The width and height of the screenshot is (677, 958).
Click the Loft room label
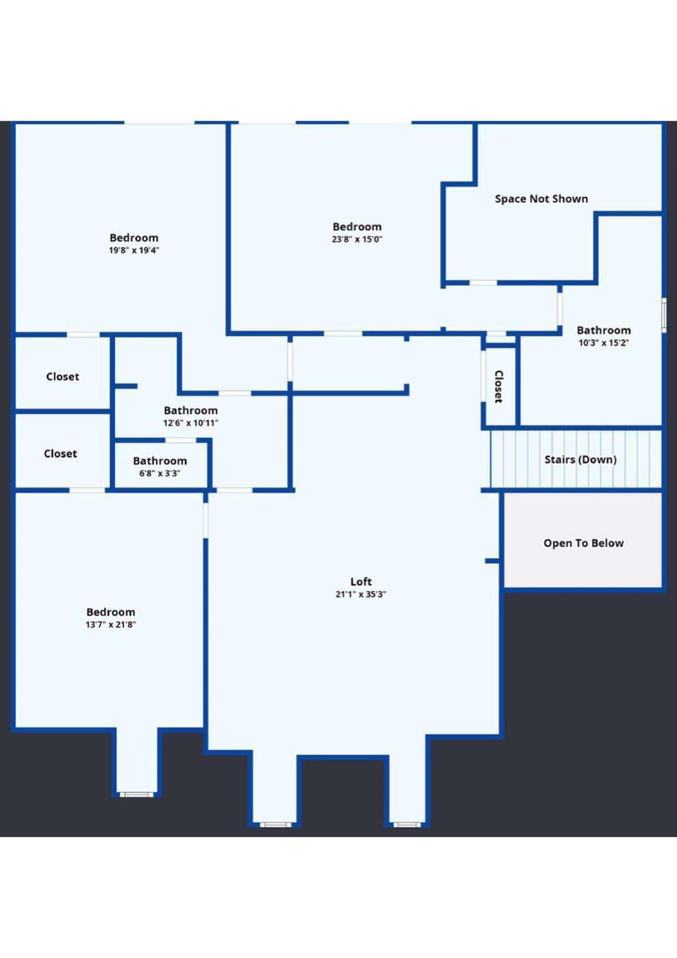(x=361, y=581)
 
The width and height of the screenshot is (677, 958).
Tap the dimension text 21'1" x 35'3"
(x=361, y=594)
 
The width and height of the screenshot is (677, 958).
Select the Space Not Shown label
(x=541, y=199)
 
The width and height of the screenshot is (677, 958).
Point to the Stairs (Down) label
(x=580, y=460)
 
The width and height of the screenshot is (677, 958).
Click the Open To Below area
(x=583, y=543)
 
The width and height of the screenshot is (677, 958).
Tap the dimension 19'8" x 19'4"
(x=134, y=251)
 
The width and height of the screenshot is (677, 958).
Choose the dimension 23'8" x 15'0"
(x=357, y=239)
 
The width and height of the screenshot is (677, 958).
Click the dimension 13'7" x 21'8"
(x=110, y=625)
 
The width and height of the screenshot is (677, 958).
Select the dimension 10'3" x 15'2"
(x=603, y=343)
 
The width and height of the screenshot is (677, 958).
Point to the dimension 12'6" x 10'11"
(x=191, y=423)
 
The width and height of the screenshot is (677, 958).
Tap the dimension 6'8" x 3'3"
(x=160, y=473)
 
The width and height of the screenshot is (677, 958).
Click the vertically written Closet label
(x=499, y=387)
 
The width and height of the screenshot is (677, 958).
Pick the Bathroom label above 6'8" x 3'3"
(x=160, y=461)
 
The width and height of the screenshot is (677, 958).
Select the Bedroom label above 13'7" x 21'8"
(x=110, y=612)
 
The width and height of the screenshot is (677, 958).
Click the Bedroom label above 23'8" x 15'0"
(x=357, y=227)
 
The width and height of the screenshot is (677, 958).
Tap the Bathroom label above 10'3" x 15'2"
(x=603, y=331)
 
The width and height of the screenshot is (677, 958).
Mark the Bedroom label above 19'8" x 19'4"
(x=134, y=238)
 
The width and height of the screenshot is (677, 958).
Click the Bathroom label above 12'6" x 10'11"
(x=191, y=410)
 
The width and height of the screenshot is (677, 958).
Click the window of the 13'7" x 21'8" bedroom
(x=137, y=795)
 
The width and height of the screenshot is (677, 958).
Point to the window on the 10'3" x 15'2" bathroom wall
(x=664, y=315)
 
